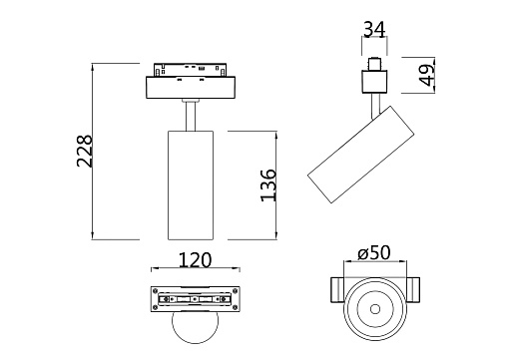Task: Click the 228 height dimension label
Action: point(84,151)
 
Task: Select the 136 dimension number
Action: point(268,185)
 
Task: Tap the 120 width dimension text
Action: point(195,260)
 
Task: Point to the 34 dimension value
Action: point(374,29)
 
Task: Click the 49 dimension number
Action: point(427,75)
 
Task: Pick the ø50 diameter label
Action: point(374,253)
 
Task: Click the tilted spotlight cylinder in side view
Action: point(361,155)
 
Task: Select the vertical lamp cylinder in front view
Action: point(191,185)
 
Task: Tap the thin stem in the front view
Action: point(191,116)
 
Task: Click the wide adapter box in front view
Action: point(191,88)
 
